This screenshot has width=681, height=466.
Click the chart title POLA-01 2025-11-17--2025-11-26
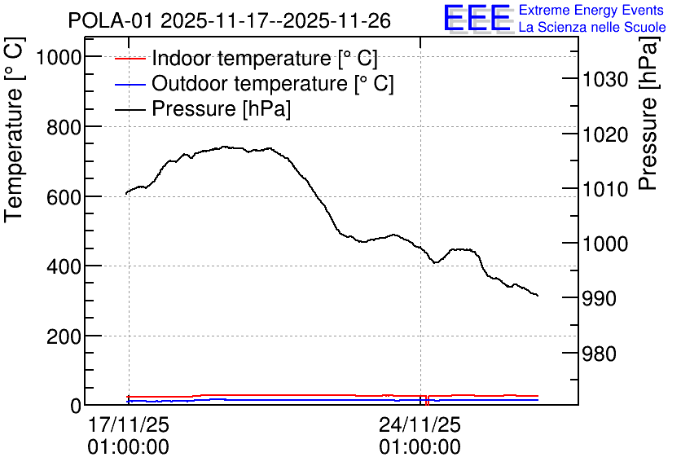pos(230,21)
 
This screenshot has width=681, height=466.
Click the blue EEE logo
pos(477,18)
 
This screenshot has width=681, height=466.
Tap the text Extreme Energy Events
pos(591,10)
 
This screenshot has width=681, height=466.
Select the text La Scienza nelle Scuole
pos(592,27)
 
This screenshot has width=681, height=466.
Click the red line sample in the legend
pos(130,58)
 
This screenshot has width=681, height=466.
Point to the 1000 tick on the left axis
pos(59,57)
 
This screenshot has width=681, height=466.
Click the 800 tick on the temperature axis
pos(64,127)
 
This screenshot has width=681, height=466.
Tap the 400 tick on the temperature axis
pos(64,266)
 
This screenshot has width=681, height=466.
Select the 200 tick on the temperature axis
pos(64,336)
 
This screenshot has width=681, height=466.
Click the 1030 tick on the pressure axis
pos(605,80)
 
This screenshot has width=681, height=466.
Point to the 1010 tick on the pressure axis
pos(605,189)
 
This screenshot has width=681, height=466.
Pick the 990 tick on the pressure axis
pos(599,298)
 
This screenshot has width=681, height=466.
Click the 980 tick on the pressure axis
pos(599,354)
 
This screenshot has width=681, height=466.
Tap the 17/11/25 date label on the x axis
pos(129,424)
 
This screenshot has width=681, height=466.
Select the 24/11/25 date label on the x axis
pos(420,424)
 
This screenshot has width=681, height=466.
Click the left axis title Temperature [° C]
pos(15,130)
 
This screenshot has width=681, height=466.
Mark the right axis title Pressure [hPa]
pos(648,114)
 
